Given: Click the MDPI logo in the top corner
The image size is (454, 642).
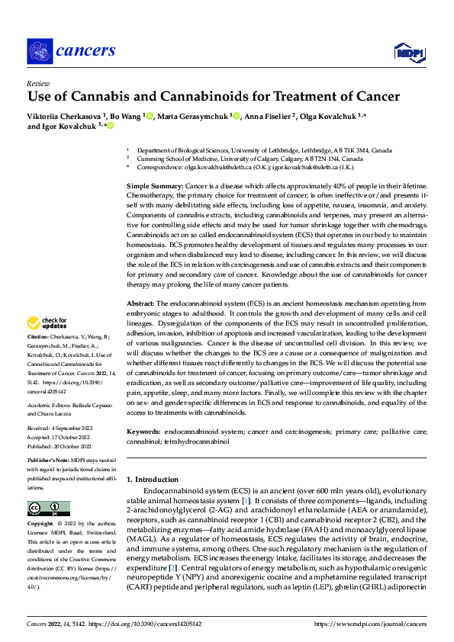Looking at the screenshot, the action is click(x=408, y=52).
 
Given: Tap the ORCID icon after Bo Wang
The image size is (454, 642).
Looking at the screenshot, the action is click(x=149, y=116).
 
